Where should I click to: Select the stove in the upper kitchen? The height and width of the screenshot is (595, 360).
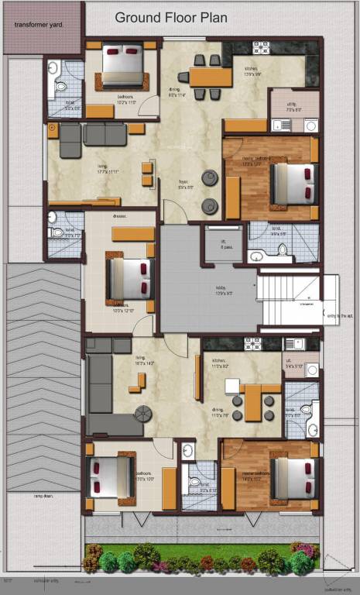pos(261,47)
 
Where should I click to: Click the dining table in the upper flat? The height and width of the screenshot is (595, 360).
pos(211,77)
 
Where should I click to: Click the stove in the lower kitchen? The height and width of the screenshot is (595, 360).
pos(253,342)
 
